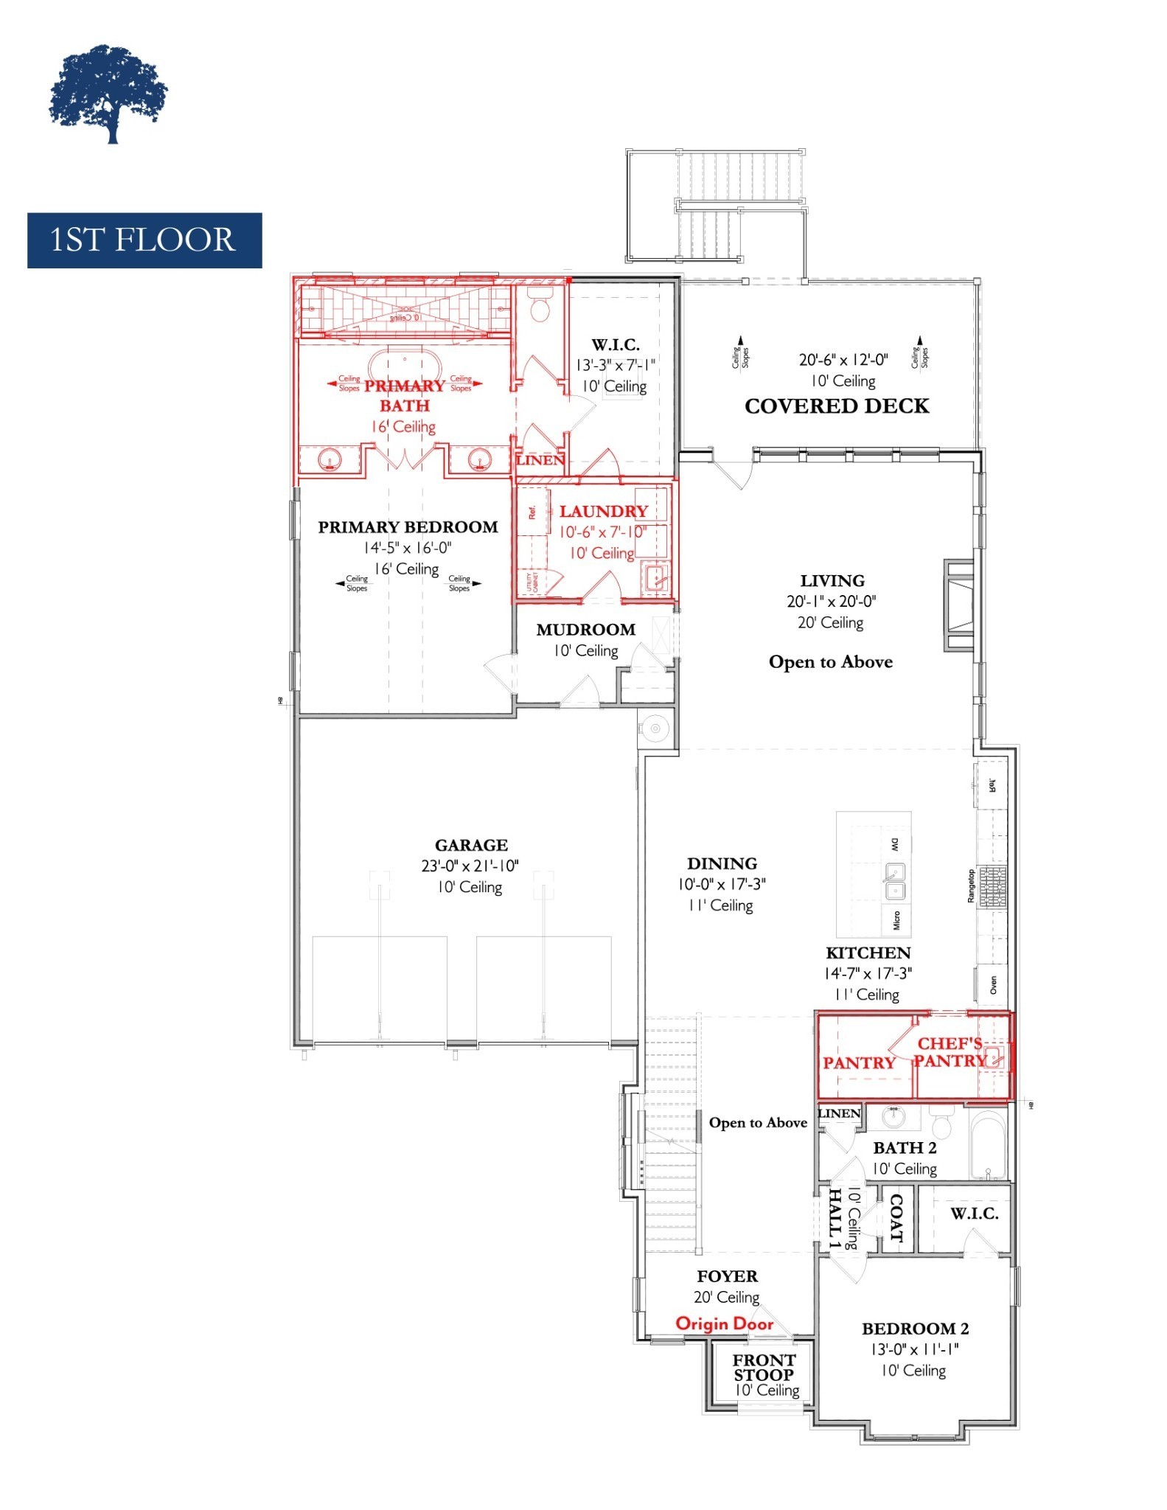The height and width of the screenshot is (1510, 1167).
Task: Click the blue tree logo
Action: click(109, 94)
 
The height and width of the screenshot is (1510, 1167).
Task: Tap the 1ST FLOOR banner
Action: click(144, 240)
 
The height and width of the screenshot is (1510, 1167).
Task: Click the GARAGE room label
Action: click(471, 845)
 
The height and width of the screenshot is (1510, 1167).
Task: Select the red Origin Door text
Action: click(725, 1323)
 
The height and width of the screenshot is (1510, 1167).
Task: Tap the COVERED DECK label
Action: click(837, 406)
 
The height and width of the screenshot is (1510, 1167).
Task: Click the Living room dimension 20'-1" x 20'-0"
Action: click(832, 602)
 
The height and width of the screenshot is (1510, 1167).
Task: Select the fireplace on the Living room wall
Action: click(960, 605)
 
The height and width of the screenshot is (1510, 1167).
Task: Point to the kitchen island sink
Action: click(895, 883)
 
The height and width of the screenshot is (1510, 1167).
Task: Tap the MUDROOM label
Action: click(586, 630)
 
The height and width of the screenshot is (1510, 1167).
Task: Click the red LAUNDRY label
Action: click(603, 511)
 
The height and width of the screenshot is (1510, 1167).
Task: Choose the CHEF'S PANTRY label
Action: click(950, 1052)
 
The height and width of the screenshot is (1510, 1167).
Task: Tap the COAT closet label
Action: click(896, 1218)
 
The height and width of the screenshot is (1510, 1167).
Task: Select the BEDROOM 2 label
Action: click(915, 1329)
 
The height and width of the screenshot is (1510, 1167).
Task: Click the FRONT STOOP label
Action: click(764, 1367)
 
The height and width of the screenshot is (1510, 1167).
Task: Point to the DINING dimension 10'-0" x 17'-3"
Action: click(722, 884)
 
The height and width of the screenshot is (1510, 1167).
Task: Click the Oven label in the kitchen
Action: click(993, 984)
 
